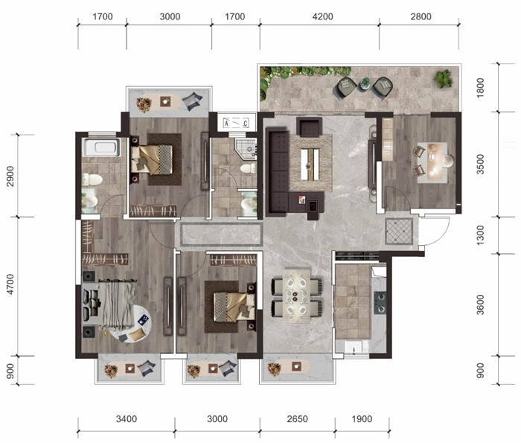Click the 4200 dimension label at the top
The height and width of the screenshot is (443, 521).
pyautogui.click(x=322, y=16)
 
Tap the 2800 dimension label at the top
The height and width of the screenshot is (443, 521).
pyautogui.click(x=421, y=16)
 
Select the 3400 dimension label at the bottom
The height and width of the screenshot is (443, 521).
pyautogui.click(x=127, y=418)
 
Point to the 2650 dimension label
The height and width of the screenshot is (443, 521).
pyautogui.click(x=298, y=418)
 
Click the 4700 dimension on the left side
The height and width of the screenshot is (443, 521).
pyautogui.click(x=10, y=284)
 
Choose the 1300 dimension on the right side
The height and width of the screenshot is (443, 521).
pyautogui.click(x=481, y=235)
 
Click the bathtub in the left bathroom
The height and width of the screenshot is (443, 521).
pyautogui.click(x=102, y=147)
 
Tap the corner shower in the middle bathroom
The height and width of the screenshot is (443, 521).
pyautogui.click(x=246, y=149)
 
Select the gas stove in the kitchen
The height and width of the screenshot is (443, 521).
pyautogui.click(x=380, y=303)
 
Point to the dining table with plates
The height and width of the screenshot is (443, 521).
pyautogui.click(x=297, y=296)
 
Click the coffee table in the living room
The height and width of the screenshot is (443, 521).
pyautogui.click(x=310, y=164)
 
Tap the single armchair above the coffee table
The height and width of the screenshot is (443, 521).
pyautogui.click(x=310, y=127)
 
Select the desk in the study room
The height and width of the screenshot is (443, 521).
pyautogui.click(x=432, y=162)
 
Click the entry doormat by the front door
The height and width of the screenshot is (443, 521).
pyautogui.click(x=399, y=232)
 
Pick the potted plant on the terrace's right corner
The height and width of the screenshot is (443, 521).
pyautogui.click(x=443, y=78)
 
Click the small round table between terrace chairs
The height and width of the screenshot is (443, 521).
pyautogui.click(x=365, y=83)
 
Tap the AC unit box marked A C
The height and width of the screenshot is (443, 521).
pyautogui.click(x=236, y=124)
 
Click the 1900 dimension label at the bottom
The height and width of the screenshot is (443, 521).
pyautogui.click(x=362, y=418)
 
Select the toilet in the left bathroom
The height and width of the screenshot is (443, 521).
pyautogui.click(x=92, y=179)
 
